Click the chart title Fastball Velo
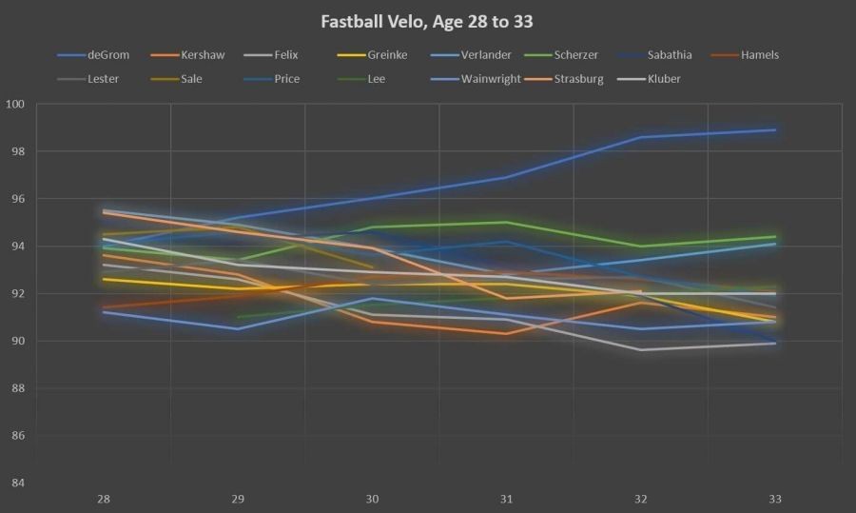[427, 21]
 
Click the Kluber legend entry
[662, 79]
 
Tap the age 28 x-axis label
[104, 498]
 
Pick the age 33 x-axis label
[774, 498]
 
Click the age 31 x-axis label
[506, 498]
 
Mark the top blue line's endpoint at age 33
[774, 129]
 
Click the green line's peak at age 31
[506, 223]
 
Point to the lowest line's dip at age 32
[640, 349]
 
